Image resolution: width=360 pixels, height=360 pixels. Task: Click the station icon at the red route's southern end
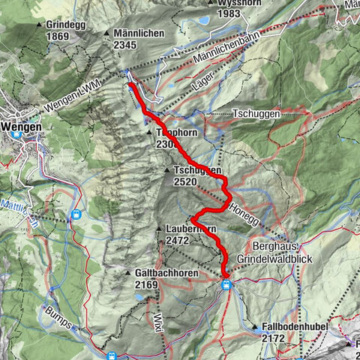coord(226,284)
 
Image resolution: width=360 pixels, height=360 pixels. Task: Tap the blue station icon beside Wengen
coord(17,136)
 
